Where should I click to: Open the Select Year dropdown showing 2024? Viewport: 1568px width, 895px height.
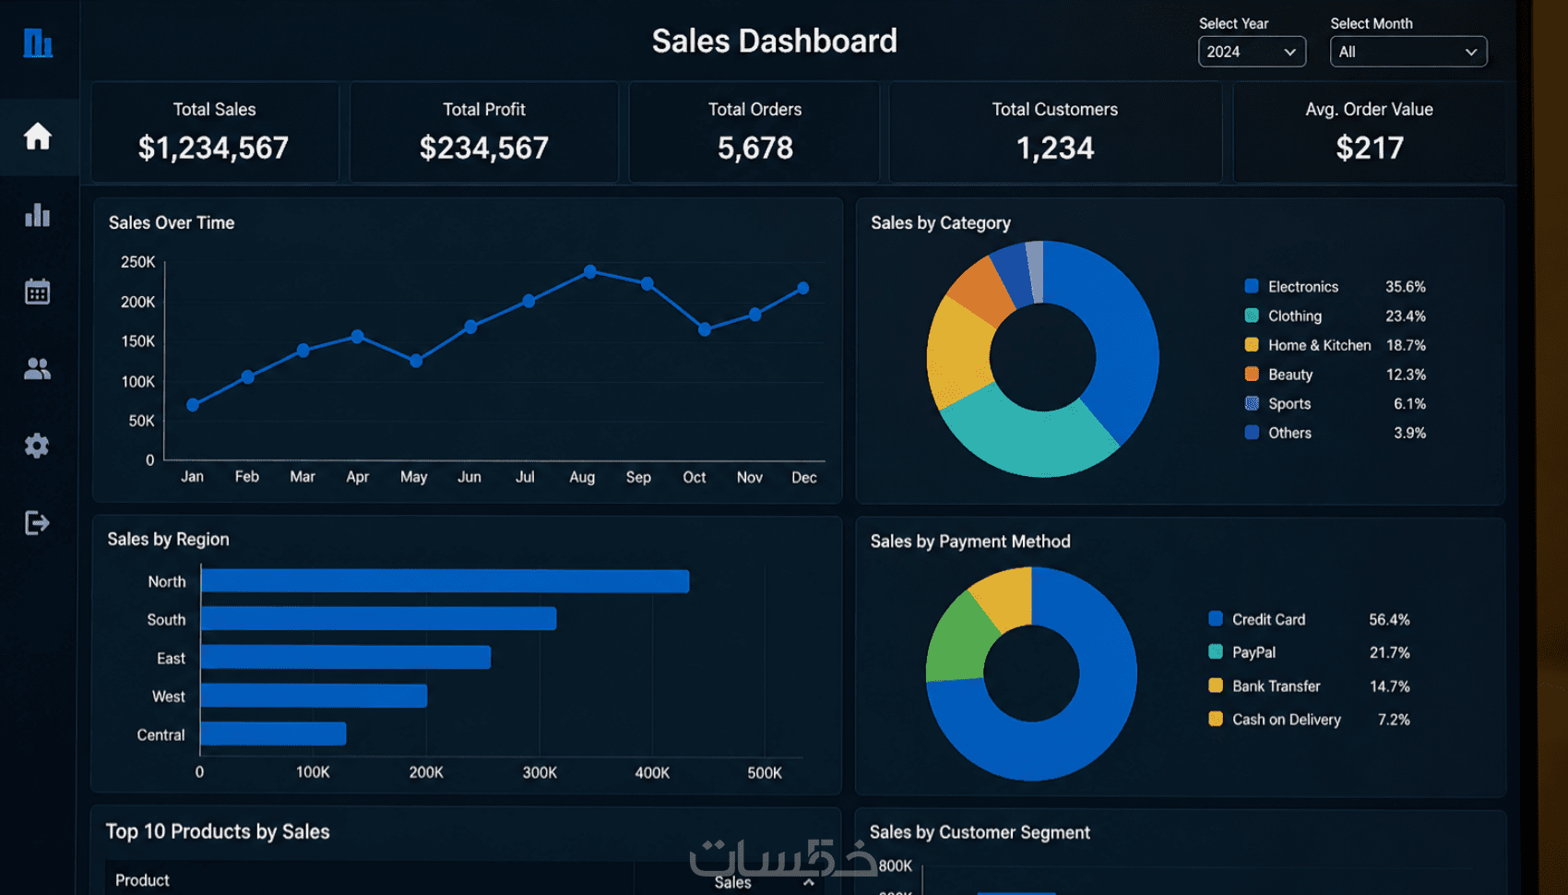(1252, 52)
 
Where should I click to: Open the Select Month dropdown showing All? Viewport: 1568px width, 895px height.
(1408, 52)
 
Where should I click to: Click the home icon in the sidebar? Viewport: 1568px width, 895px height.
(38, 136)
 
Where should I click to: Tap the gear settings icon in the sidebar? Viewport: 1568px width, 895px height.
(37, 446)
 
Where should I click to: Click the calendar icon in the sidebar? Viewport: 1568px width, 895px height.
(37, 292)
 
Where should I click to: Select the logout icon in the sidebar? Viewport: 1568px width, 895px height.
(37, 523)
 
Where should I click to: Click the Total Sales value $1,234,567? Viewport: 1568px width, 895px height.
(213, 148)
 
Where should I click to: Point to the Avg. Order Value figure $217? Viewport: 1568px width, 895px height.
(1370, 148)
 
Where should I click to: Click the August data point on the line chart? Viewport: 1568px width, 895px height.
(590, 271)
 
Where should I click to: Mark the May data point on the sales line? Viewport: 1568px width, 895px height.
(416, 361)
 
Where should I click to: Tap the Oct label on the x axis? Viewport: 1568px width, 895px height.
(695, 478)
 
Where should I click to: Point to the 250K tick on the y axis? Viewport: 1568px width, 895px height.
(138, 262)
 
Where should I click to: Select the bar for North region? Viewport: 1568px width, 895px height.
(445, 581)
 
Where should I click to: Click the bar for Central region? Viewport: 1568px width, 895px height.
(274, 734)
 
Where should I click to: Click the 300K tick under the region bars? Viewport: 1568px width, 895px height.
(540, 773)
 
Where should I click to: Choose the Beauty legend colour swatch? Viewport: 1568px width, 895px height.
(1252, 374)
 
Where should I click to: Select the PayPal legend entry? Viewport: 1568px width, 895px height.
(1253, 652)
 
